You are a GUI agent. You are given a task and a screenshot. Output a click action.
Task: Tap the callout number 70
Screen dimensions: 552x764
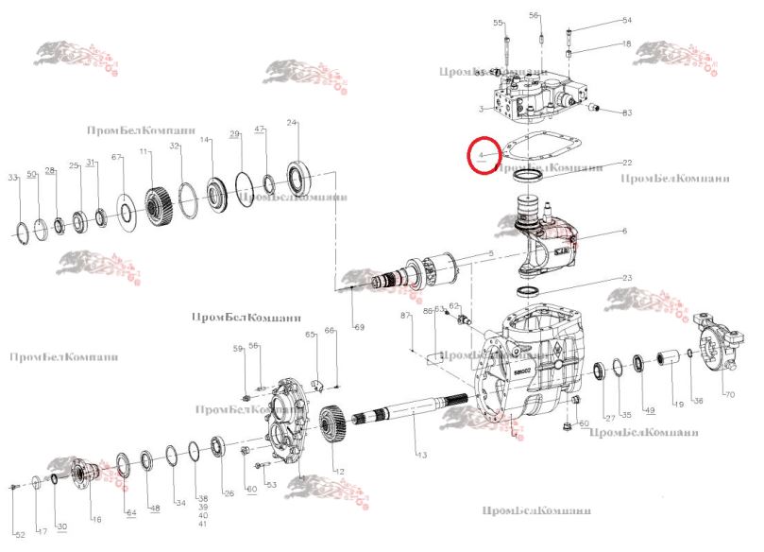[x=728, y=393]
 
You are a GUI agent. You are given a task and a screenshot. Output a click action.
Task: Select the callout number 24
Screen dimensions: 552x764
[x=292, y=123]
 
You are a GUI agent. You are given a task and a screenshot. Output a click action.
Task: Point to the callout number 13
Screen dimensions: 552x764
[x=422, y=456]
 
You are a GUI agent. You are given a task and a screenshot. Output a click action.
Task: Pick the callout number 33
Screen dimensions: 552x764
[x=12, y=179]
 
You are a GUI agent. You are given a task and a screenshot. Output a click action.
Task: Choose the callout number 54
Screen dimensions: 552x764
[x=626, y=20]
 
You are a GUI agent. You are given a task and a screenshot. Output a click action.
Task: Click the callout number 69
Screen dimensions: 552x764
[x=358, y=327]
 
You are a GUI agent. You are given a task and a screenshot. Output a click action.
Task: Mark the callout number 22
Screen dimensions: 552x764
[x=626, y=162]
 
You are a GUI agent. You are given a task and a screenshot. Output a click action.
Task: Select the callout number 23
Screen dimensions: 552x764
[x=626, y=279]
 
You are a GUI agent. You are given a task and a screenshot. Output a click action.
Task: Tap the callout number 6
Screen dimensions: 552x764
[x=624, y=232]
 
